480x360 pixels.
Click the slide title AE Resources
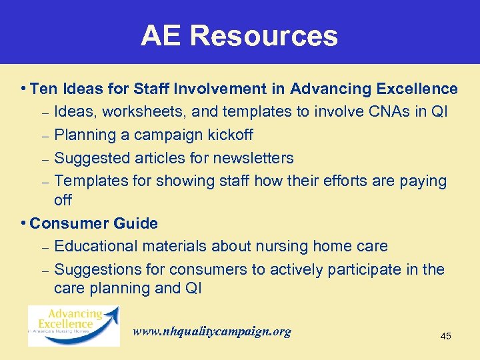[x=239, y=36]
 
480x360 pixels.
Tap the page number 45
[x=446, y=336]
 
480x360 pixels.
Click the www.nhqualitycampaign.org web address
[x=212, y=331]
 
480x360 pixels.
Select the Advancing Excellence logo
[x=74, y=325]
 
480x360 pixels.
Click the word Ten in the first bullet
[x=44, y=89]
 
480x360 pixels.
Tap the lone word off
[x=63, y=200]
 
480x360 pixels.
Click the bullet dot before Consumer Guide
[x=23, y=223]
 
